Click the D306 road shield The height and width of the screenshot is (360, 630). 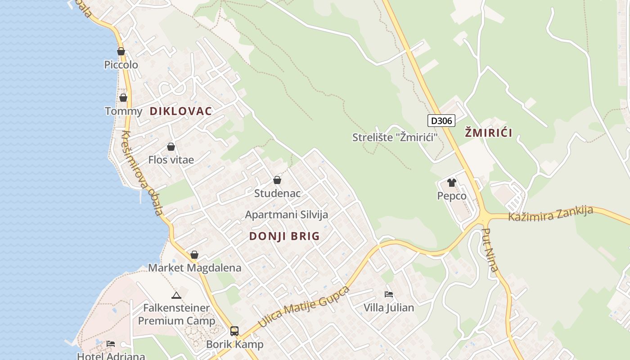coord(441,121)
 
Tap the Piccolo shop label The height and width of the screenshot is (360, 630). coord(121,65)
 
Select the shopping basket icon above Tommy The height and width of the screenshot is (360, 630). coord(123,98)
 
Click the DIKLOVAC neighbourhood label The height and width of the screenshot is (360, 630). coord(180,111)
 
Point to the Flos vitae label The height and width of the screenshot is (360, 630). coord(171,160)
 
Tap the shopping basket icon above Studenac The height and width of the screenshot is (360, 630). coord(277,180)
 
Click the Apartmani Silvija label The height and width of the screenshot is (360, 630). coord(287,215)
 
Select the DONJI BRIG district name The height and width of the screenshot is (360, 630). coord(284,236)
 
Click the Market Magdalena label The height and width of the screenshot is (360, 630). coord(195,268)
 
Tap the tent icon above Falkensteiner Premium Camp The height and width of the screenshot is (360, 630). coord(176,295)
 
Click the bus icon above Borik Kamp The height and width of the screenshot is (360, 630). coord(234,331)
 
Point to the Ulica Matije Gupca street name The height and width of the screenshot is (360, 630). coord(304,306)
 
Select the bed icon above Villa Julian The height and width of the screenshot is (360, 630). coord(389,294)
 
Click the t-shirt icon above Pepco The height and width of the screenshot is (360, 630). coord(452,183)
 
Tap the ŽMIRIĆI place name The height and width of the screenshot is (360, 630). coord(488,133)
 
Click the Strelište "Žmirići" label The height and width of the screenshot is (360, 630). coord(395,137)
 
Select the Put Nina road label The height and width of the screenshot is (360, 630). coord(490,250)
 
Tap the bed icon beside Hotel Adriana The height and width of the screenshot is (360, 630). coord(111,344)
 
